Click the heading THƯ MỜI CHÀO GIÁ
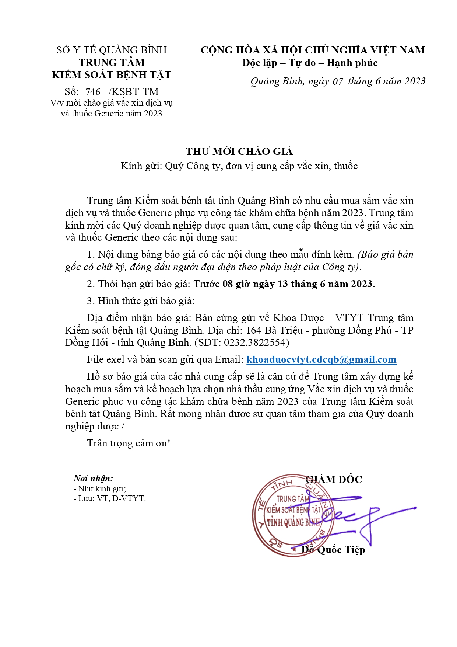(x=239, y=152)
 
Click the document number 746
(x=93, y=92)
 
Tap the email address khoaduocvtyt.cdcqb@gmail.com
(x=321, y=359)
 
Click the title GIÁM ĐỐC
(x=334, y=479)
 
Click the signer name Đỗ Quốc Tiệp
(x=333, y=550)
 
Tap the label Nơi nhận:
(x=93, y=479)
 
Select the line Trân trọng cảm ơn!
(x=129, y=443)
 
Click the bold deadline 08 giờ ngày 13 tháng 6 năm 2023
(x=299, y=284)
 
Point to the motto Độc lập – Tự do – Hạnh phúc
(x=310, y=63)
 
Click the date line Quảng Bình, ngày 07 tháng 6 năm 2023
(x=338, y=81)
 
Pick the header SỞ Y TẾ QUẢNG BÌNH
(x=112, y=50)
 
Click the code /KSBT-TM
(x=134, y=92)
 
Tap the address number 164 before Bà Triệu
(x=254, y=330)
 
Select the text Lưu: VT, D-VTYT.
(x=112, y=498)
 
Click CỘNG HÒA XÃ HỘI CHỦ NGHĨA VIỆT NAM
(x=313, y=50)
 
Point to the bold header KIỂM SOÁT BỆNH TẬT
(x=112, y=75)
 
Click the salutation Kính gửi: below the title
(x=141, y=166)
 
